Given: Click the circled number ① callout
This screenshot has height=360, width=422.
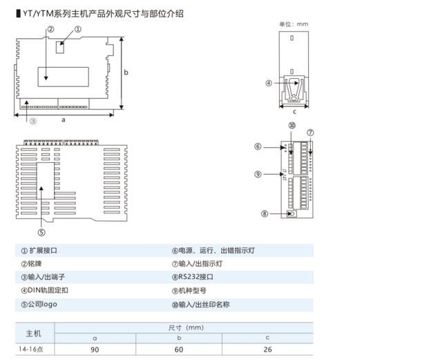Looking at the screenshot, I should pos(77,30).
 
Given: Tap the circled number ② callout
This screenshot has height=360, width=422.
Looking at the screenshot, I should pos(51,30).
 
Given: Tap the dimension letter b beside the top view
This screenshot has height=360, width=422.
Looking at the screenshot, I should pos(126,72).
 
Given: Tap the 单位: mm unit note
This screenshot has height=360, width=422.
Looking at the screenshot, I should pos(291,24).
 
